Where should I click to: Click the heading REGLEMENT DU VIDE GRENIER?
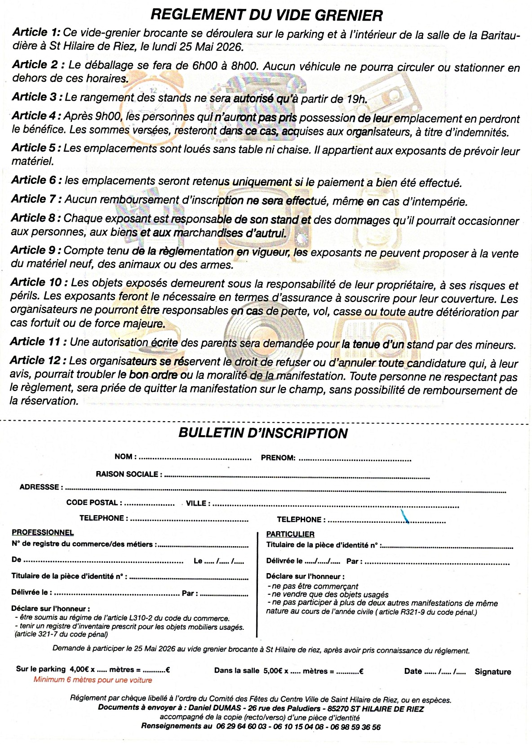[x=266, y=15]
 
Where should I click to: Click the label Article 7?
[x=37, y=199]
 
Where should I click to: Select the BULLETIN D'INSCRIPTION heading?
[x=263, y=433]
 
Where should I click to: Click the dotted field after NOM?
[x=195, y=458]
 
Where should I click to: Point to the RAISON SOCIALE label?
[x=127, y=474]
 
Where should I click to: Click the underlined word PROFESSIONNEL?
[x=43, y=533]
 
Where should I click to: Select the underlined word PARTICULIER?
[x=290, y=534]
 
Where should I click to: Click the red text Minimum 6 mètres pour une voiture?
[x=93, y=680]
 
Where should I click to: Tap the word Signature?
[x=493, y=672]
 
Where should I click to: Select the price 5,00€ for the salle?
[x=272, y=671]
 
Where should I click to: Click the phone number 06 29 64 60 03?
[x=241, y=726]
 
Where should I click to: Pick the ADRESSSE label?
[x=39, y=487]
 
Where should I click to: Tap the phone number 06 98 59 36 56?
[x=355, y=727]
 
